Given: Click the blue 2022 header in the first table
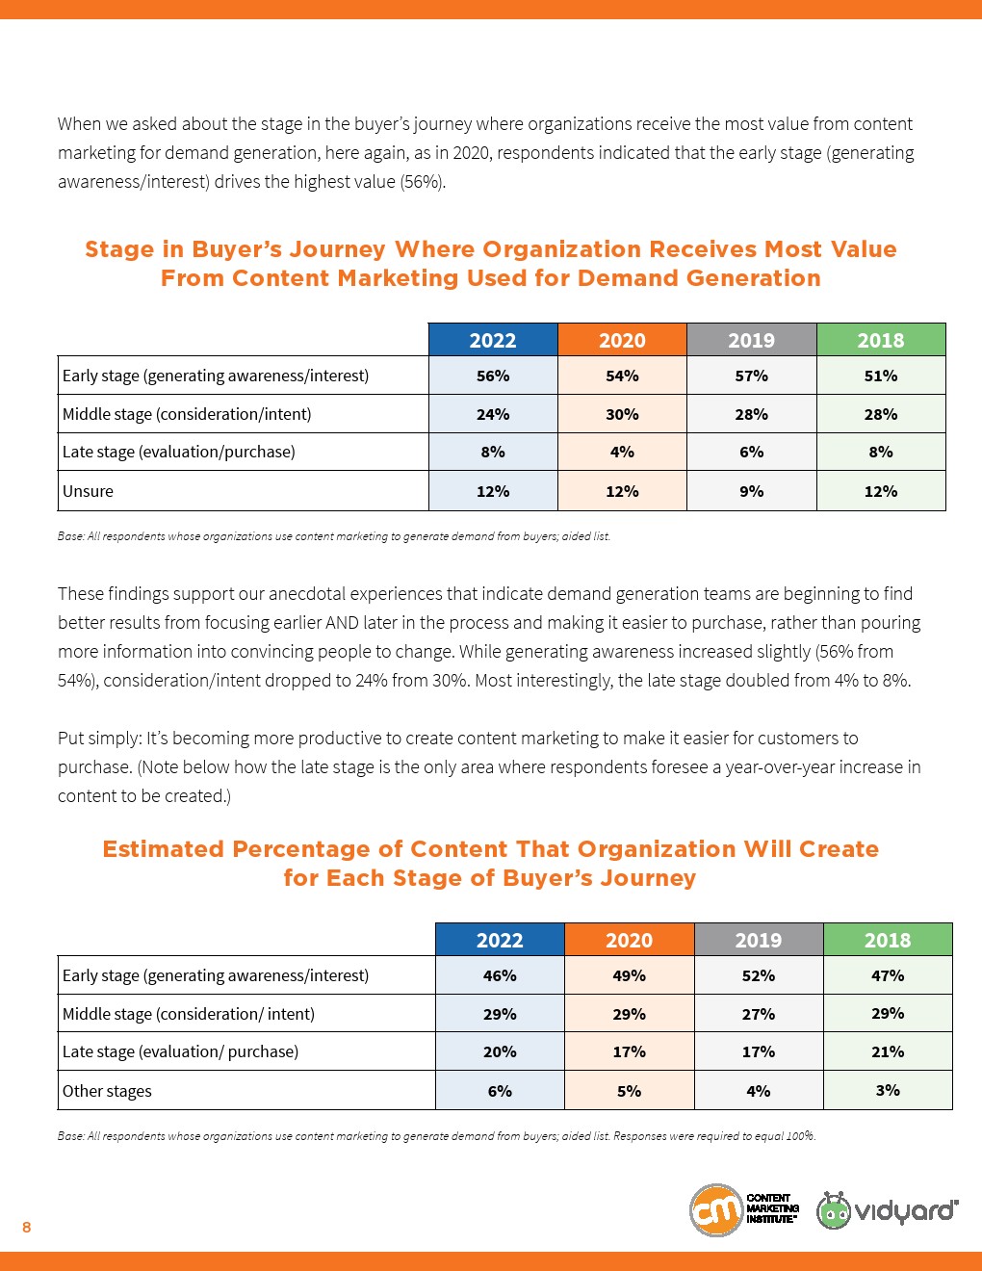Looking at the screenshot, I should click(x=493, y=340).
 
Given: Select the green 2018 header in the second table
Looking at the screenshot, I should click(x=888, y=940).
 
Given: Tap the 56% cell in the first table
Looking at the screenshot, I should click(x=493, y=376).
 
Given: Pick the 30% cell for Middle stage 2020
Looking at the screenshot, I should click(x=622, y=414).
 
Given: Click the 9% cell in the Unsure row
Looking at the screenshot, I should click(x=751, y=491).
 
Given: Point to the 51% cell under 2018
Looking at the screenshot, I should click(x=881, y=376).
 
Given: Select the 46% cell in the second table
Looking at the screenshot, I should click(x=500, y=975).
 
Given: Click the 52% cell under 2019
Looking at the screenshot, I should click(x=759, y=975).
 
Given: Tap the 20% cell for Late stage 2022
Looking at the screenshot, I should click(x=500, y=1051).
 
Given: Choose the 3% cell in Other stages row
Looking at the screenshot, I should click(x=888, y=1090).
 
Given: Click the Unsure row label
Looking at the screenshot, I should click(x=88, y=491).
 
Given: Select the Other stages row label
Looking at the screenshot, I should click(x=107, y=1091).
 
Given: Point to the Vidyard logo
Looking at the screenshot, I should click(x=887, y=1210).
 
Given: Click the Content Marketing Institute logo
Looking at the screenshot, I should click(x=744, y=1210).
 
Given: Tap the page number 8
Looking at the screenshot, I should click(x=27, y=1227).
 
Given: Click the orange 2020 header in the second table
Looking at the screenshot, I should click(x=629, y=940).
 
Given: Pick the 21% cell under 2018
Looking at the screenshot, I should click(x=888, y=1051).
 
